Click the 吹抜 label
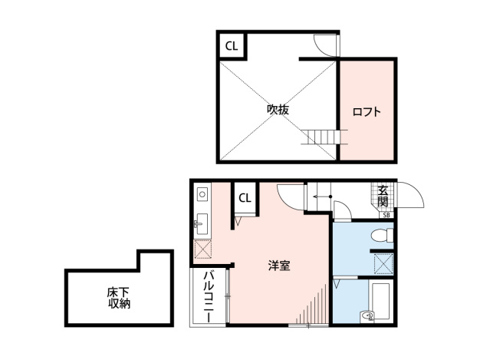(x=278, y=110)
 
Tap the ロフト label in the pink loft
(x=367, y=111)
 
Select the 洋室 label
(x=279, y=266)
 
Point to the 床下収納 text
(x=119, y=298)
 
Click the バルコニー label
(x=209, y=297)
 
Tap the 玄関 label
(x=383, y=196)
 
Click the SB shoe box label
(x=386, y=215)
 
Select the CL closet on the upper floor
(x=232, y=46)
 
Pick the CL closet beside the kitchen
(x=245, y=198)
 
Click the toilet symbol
(x=382, y=235)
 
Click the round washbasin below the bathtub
(x=367, y=316)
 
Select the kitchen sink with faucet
(x=202, y=224)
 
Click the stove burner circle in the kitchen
(x=202, y=194)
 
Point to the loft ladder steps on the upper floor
(x=324, y=137)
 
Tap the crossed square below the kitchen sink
(x=202, y=249)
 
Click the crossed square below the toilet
(x=383, y=264)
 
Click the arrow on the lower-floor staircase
(x=322, y=197)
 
